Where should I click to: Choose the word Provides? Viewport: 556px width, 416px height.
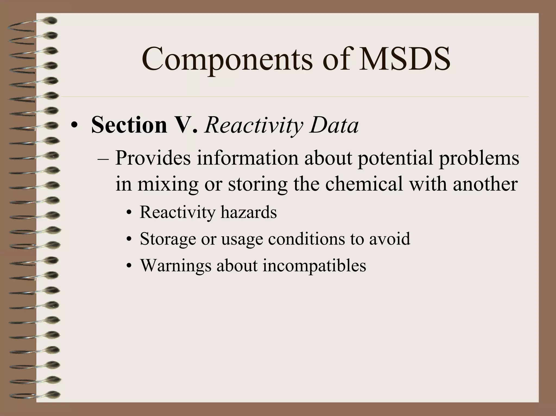(153, 158)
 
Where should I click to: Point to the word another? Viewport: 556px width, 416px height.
(485, 184)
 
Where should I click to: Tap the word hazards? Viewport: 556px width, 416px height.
(248, 212)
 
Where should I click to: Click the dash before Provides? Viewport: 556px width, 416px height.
(103, 159)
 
